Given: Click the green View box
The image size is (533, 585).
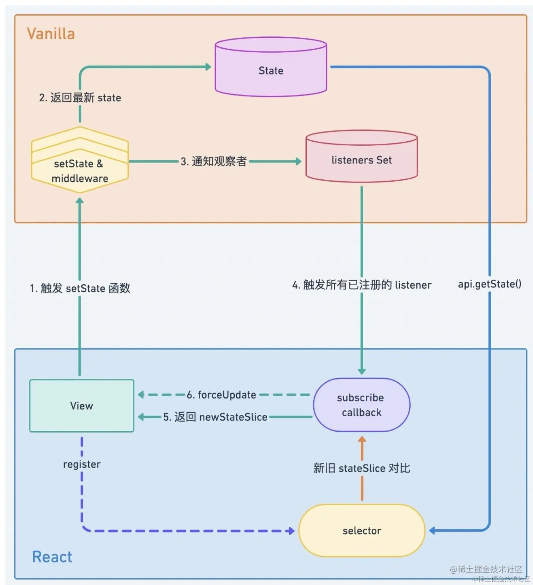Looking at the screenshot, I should click(x=82, y=406).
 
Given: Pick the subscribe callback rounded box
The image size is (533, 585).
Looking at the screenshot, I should click(x=362, y=405).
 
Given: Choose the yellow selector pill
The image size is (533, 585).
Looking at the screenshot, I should click(x=362, y=530).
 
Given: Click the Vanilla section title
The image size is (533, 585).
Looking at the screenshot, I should click(x=51, y=34).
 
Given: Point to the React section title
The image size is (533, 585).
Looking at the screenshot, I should click(x=52, y=557).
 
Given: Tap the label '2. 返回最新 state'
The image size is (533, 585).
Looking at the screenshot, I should click(x=80, y=98).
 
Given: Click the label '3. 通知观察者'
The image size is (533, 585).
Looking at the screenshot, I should click(x=214, y=161).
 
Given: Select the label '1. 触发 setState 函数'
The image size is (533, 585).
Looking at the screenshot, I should click(x=80, y=288).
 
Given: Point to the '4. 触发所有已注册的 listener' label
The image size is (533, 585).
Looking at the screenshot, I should click(x=362, y=285).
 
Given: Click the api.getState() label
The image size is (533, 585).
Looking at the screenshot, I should click(x=489, y=284).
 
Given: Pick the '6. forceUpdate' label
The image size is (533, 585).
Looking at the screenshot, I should click(x=221, y=395).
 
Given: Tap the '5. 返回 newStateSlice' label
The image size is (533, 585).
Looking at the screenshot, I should click(x=215, y=417).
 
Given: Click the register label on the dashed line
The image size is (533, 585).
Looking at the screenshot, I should click(x=82, y=464).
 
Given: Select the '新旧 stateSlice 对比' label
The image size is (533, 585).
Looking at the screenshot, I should click(x=362, y=468).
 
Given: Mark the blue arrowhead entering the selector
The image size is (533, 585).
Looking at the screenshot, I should click(x=432, y=530).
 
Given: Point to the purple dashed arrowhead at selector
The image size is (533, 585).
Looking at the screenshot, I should click(x=291, y=531).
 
